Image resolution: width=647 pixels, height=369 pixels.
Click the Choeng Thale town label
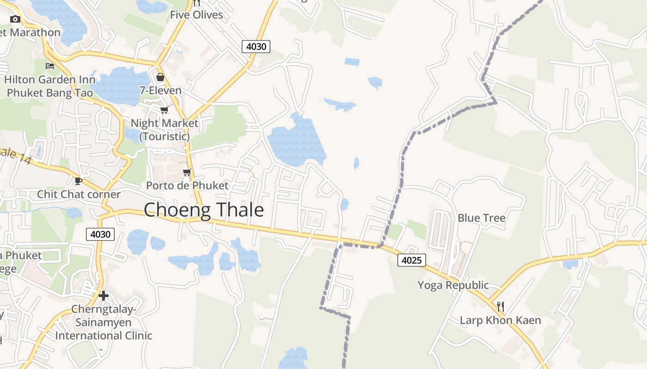point(204,210)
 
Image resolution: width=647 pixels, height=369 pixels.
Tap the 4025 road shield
point(411,260)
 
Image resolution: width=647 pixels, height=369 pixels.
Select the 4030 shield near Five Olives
point(256,46)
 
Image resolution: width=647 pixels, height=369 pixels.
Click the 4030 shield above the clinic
point(100,234)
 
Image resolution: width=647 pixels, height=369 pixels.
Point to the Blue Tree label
point(482,218)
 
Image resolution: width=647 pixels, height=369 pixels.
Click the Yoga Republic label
point(453,285)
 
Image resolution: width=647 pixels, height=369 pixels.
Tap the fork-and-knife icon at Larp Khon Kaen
point(500,306)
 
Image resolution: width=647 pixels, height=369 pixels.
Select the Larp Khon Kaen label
point(500,320)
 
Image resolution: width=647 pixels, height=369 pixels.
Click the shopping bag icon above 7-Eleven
point(160,77)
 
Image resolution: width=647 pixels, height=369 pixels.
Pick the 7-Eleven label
point(160,90)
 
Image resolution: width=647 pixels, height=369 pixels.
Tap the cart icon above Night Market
point(164,110)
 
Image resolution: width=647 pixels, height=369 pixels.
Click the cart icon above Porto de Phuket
point(187,172)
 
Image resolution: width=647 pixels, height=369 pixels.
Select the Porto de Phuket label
point(187,185)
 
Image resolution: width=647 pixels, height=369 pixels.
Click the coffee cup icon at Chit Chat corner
point(78,181)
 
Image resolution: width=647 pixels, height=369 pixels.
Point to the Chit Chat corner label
point(79,194)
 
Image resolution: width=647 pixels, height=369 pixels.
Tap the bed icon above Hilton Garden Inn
point(50,66)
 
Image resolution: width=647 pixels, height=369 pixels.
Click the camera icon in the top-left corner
point(15,19)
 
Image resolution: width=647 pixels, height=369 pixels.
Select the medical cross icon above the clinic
point(104,295)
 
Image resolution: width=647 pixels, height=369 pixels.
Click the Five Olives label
point(196,15)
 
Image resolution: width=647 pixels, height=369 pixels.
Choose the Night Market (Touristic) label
point(165,130)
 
